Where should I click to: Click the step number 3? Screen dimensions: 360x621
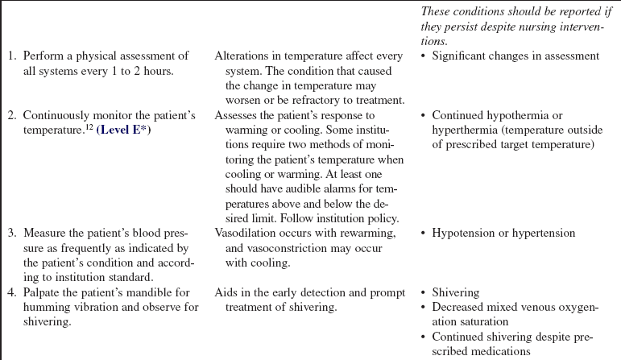coord(12,233)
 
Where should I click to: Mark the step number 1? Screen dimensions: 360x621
coord(12,56)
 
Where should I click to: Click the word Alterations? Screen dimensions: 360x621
coord(246,56)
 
